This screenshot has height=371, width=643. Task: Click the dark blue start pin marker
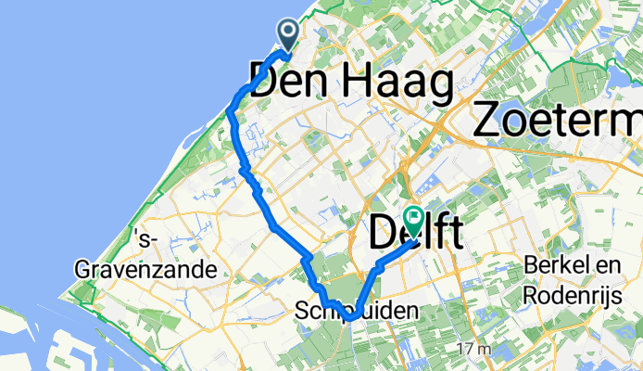pyautogui.click(x=289, y=35)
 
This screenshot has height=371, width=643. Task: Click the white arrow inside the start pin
pyautogui.click(x=289, y=32)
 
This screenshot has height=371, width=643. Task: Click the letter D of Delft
pyautogui.click(x=384, y=234)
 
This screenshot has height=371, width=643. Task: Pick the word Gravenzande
pyautogui.click(x=146, y=271)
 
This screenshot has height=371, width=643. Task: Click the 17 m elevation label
pyautogui.click(x=471, y=350)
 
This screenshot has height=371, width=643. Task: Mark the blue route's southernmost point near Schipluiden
pyautogui.click(x=353, y=320)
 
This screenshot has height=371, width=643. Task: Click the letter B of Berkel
pyautogui.click(x=529, y=266)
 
